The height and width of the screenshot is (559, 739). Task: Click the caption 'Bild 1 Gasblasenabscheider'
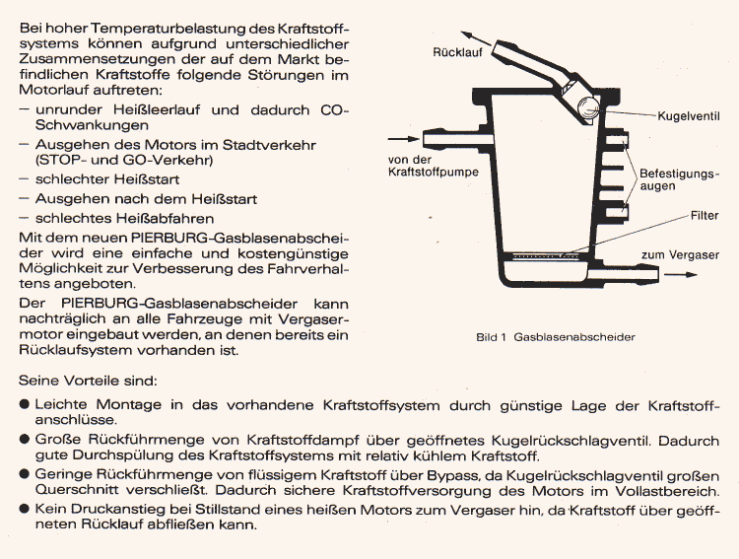[x=555, y=337]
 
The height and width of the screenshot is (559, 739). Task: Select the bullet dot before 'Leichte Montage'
[x=24, y=404]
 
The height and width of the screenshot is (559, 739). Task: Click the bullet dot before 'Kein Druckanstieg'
[x=24, y=509]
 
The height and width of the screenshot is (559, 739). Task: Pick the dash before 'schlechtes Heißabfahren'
[x=24, y=218]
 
